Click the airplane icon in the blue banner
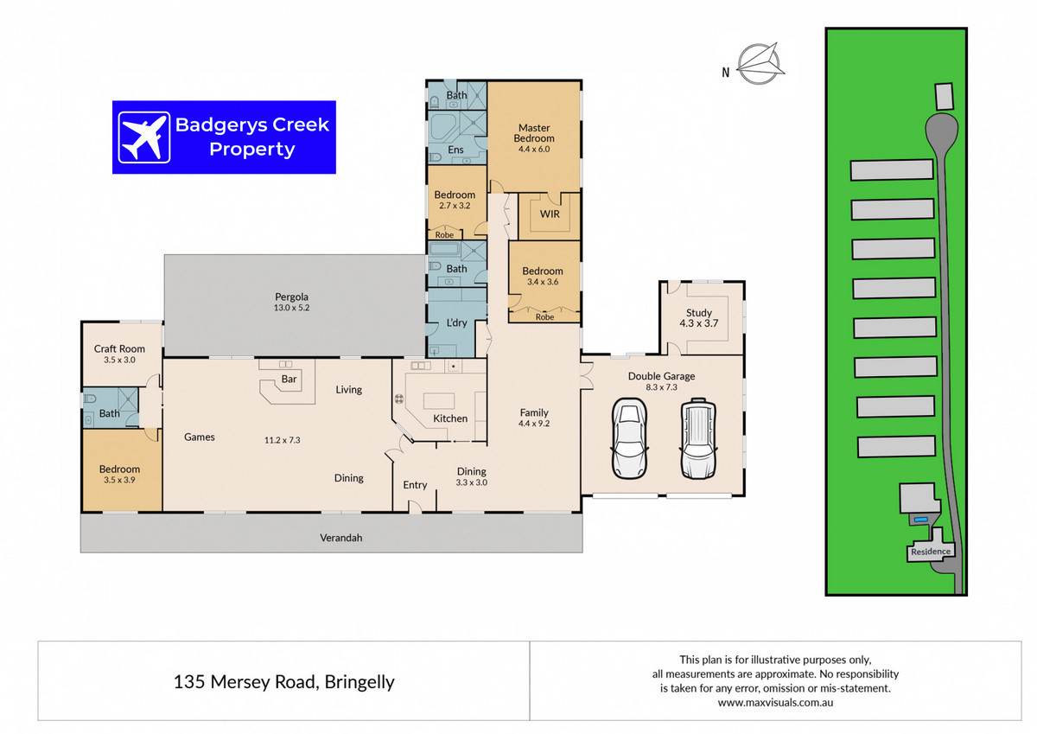coord(144,137)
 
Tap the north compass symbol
coord(760,64)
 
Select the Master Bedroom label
coord(534,133)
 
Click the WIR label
coord(550,214)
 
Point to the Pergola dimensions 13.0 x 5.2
coord(292,308)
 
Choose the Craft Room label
coord(119,348)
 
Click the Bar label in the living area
coord(289,379)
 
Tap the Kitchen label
coord(450,418)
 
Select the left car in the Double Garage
coord(630,438)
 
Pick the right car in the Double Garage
coord(698,438)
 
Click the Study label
coord(698,313)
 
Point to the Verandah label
coord(341,538)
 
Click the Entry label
coord(415,485)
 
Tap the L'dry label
coord(456,322)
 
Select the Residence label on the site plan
coord(931,552)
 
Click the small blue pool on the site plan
coord(921,520)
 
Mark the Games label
coord(200,437)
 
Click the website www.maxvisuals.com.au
coord(775,703)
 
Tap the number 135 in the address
coord(189,681)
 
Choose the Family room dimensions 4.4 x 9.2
coord(534,424)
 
